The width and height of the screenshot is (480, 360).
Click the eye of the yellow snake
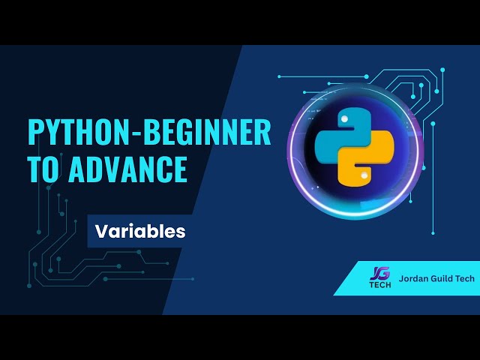[363, 176]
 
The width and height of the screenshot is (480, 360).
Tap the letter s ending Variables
[181, 232]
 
